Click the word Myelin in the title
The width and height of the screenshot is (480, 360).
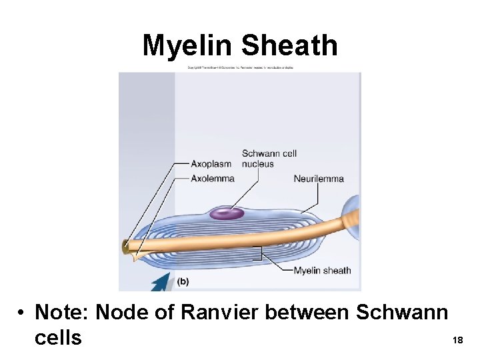tap(188, 46)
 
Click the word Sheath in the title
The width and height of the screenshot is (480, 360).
tap(289, 46)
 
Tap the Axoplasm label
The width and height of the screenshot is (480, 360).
tap(211, 164)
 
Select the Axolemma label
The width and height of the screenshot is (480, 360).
tap(213, 178)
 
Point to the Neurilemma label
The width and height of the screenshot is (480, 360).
tap(319, 178)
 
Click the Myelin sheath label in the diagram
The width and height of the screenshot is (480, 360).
tap(322, 270)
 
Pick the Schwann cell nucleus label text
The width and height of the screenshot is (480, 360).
tap(269, 159)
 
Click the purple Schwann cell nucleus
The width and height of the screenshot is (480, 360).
tap(227, 213)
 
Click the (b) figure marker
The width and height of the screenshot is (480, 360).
tap(183, 281)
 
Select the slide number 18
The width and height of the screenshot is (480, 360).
tap(457, 340)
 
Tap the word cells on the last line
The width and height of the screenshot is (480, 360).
tap(57, 337)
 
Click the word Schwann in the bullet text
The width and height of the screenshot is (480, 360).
tap(402, 312)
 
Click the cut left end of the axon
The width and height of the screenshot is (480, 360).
tap(126, 248)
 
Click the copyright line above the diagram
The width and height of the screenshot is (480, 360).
tap(240, 69)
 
